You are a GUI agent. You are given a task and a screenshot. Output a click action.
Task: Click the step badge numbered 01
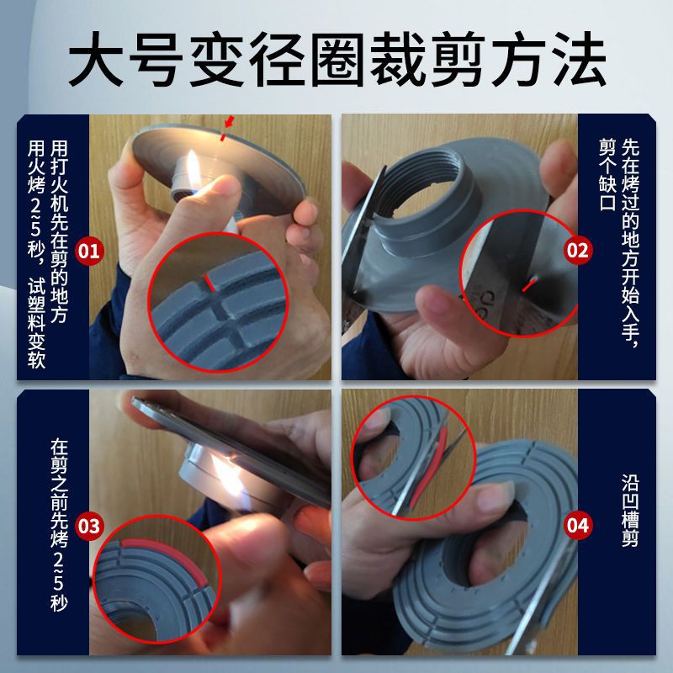tap(89, 250)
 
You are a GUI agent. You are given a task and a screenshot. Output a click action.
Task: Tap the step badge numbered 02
tap(578, 250)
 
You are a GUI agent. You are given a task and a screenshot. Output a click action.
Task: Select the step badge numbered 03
tap(89, 527)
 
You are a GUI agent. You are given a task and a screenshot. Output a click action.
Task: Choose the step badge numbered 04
tap(578, 527)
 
